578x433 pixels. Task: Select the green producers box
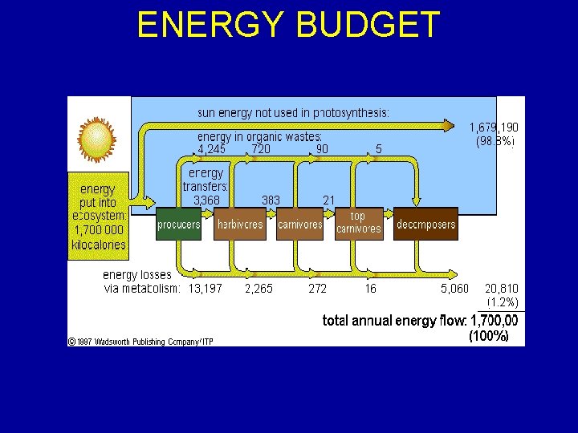coord(178,225)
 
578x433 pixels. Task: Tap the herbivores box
coord(239,225)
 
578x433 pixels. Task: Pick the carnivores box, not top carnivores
coord(299,225)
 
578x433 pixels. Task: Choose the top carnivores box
coord(358,223)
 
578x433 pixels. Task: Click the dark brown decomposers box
coord(425,225)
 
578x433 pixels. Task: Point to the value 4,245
coord(212,149)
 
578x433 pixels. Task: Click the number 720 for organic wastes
coord(261,149)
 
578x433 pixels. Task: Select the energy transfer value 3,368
coord(206,200)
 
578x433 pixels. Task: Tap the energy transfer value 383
coord(271,200)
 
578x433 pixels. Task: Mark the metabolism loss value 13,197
coord(206,289)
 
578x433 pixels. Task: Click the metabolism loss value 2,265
coord(258,289)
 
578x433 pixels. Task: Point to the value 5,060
coord(454,289)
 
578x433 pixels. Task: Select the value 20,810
coord(502,289)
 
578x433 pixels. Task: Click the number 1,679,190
coord(494,127)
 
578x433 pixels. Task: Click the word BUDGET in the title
coord(368,25)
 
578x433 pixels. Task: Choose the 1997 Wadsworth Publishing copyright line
coord(140,341)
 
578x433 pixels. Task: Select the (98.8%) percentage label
coord(495,141)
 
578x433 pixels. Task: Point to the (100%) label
coord(488,336)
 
